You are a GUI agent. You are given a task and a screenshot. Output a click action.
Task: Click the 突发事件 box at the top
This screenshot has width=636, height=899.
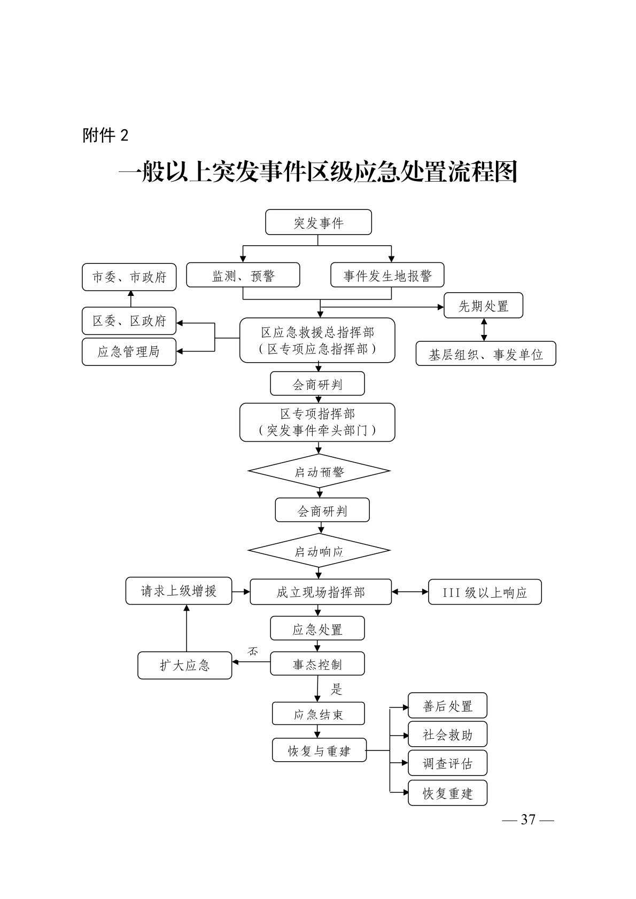click(318, 222)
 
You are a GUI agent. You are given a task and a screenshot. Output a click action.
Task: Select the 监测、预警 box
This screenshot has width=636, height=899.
click(243, 275)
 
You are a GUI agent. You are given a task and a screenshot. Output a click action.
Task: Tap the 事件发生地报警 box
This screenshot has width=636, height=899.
click(387, 275)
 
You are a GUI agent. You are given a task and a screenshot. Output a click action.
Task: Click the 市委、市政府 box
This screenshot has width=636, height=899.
click(129, 277)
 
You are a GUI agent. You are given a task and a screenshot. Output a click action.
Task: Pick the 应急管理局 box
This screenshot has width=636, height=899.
click(129, 351)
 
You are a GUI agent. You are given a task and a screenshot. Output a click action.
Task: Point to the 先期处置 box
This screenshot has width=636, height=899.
click(483, 306)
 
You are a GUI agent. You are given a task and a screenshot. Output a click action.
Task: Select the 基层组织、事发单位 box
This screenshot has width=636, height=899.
click(485, 354)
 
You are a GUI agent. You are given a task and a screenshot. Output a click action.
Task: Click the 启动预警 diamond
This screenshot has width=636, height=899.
click(319, 471)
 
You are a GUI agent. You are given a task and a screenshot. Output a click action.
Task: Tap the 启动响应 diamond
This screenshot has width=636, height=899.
click(319, 551)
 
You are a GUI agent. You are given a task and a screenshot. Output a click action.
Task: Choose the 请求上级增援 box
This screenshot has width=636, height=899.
click(179, 591)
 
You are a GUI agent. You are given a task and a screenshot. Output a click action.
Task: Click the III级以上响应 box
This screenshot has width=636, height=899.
click(485, 592)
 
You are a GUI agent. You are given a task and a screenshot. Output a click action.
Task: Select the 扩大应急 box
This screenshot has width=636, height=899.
click(184, 665)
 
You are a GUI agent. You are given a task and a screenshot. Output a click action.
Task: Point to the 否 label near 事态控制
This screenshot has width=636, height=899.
click(253, 651)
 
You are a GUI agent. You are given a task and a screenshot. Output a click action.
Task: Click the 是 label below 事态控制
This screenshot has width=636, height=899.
click(336, 689)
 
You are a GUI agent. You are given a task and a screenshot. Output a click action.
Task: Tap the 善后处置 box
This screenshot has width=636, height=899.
click(447, 706)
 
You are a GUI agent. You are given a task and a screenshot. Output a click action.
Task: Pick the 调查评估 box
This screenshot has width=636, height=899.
click(447, 763)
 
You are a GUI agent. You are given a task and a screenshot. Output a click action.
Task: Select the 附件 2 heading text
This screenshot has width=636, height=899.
click(106, 135)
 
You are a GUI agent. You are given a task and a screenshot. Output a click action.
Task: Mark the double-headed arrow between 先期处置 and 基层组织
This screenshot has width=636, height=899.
click(484, 330)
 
